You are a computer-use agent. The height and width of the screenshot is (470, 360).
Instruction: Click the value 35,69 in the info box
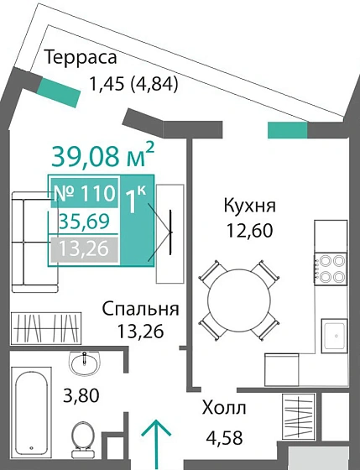pos(83,222)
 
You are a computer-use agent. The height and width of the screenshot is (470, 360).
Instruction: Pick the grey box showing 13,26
pos(83,249)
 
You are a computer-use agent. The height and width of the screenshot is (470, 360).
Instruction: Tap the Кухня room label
pos(249,206)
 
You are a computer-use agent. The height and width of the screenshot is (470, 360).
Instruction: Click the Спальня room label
pos(141,309)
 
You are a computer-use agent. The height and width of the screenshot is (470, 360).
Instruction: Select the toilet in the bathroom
pos(82,437)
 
